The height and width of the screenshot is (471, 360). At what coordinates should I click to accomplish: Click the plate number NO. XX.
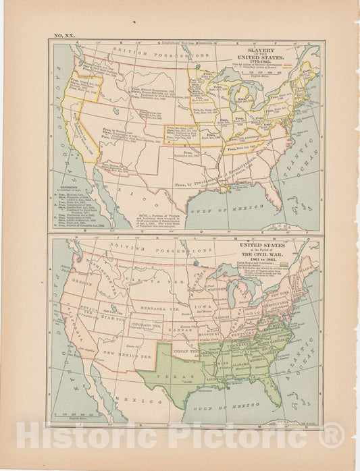pyautogui.click(x=65, y=34)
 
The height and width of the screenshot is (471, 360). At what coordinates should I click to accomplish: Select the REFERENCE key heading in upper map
pyautogui.click(x=69, y=180)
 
